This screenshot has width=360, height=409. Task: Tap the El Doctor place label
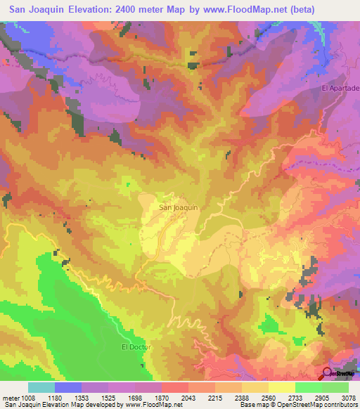pyautogui.click(x=136, y=347)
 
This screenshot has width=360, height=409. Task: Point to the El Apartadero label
pyautogui.click(x=340, y=89)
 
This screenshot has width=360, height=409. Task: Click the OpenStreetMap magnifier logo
pyautogui.click(x=328, y=373)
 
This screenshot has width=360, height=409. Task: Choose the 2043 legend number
pyautogui.click(x=188, y=398)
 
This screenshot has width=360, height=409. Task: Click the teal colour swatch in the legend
pyautogui.click(x=41, y=387)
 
